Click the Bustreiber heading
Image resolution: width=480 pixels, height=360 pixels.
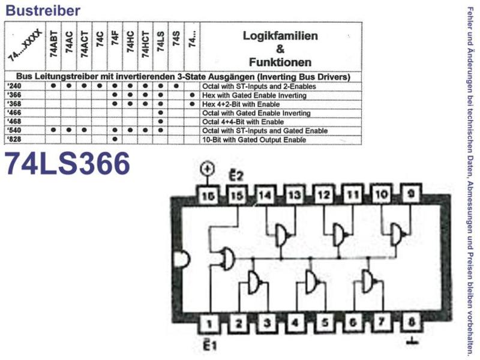coord(43,10)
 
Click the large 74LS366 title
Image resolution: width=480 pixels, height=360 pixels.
coord(67,164)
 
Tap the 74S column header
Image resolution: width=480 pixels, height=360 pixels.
coord(176,38)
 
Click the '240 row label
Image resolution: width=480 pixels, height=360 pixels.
coord(14,86)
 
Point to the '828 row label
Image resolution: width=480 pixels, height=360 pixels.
coord(14,139)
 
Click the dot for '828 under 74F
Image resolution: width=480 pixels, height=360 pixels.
coord(115,139)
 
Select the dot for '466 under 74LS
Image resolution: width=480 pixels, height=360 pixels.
coord(161,113)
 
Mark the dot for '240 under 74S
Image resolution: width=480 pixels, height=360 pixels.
coord(176,86)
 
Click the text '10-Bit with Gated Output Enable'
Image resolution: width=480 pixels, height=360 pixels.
coord(254,140)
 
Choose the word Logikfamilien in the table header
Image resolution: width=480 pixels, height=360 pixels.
coord(280,36)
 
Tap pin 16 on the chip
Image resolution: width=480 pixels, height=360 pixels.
coord(208,196)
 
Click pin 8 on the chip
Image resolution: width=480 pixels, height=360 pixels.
coord(412,322)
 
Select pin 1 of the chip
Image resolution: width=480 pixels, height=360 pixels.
coord(209,323)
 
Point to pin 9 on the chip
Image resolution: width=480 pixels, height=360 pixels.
coord(411,194)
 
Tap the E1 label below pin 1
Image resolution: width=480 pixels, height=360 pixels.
coord(210,344)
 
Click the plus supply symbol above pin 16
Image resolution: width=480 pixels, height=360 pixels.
coord(207,169)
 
